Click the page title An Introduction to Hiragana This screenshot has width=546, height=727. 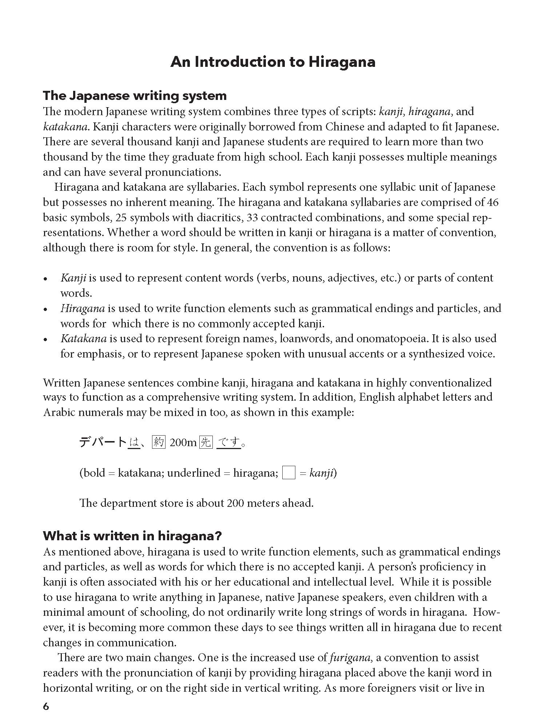coord(273,62)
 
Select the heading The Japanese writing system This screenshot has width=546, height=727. coord(135,96)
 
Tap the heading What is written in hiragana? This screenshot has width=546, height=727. coord(132,536)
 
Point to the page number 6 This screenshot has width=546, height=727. coord(46,706)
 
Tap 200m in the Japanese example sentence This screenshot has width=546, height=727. coord(183,443)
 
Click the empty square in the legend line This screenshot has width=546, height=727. coord(289,473)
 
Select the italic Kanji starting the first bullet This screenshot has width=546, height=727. coord(73,278)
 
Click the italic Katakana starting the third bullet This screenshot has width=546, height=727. coord(83,339)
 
